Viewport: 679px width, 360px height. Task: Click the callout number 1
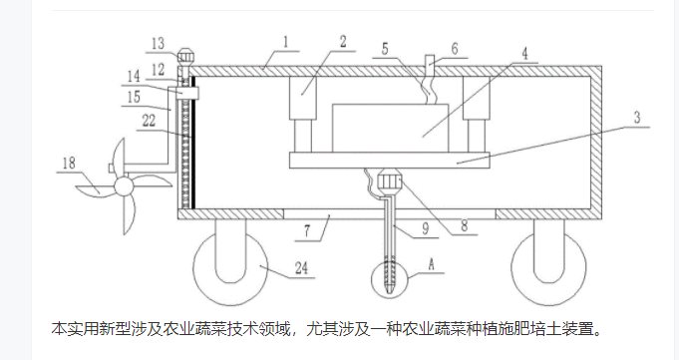[286, 42]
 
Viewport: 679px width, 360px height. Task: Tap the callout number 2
[343, 42]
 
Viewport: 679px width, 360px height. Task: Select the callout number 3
[637, 117]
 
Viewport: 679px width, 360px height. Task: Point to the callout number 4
[524, 54]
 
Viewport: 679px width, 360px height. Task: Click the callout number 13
[159, 43]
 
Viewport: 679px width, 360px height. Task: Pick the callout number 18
[69, 163]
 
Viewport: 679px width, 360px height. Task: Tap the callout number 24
[301, 268]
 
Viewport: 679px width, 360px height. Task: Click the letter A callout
[431, 264]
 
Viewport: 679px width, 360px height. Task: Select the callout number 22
[149, 120]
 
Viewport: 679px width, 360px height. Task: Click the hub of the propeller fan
[124, 186]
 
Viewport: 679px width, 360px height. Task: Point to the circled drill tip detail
[389, 280]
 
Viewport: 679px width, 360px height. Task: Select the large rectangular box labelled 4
[390, 129]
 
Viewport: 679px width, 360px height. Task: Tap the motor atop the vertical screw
[186, 57]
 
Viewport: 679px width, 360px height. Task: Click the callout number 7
[307, 231]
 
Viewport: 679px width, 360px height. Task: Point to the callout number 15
[134, 97]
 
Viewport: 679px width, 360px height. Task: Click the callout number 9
[425, 228]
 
